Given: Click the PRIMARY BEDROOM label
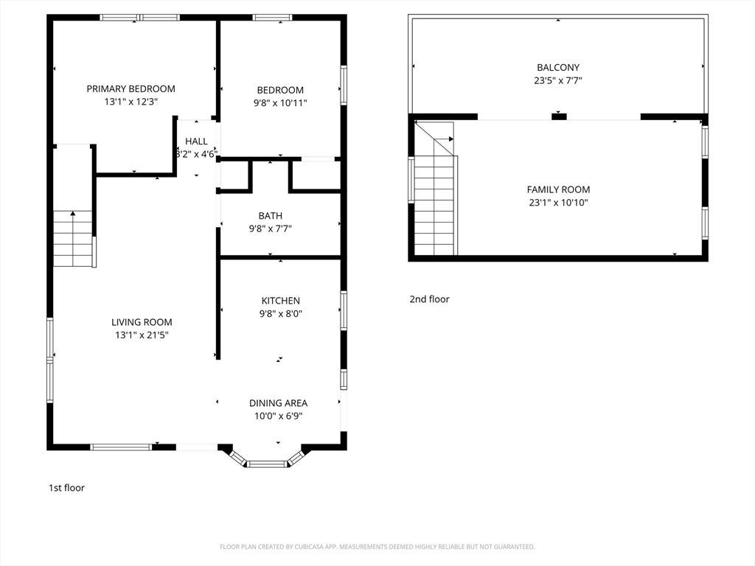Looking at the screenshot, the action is (x=131, y=88).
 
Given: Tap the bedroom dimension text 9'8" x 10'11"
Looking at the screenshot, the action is (x=280, y=102).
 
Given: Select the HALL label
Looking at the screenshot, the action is (x=196, y=141).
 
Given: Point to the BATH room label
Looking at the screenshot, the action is (x=270, y=216).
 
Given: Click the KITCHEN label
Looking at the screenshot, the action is (x=281, y=301).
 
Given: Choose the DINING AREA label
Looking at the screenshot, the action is (x=278, y=403).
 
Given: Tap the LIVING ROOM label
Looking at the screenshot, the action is (x=142, y=322).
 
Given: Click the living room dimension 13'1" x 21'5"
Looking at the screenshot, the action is (x=142, y=335).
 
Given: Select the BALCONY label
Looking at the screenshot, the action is (x=558, y=67).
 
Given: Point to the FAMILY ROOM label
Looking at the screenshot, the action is (x=559, y=189).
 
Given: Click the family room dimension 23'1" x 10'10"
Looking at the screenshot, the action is (x=559, y=203).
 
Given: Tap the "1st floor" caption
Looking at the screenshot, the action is (x=66, y=488).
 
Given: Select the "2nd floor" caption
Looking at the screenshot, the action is (x=430, y=299).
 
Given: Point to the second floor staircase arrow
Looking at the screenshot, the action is (x=443, y=139).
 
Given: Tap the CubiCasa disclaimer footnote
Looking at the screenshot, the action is (x=377, y=547).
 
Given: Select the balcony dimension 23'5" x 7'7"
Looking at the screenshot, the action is (x=558, y=80).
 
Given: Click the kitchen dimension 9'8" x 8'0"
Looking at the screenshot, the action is (x=281, y=313).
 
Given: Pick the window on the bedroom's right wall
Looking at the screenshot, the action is (x=344, y=85).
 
